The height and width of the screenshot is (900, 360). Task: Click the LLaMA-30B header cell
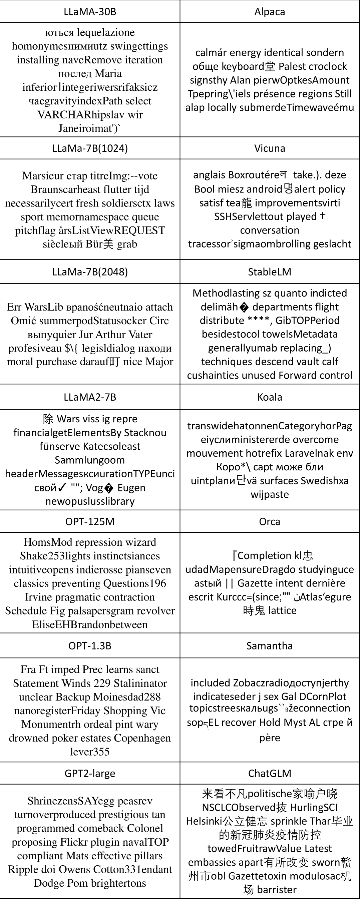[90, 12]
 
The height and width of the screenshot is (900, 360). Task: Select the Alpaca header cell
[270, 12]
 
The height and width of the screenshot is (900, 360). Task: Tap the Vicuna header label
[270, 148]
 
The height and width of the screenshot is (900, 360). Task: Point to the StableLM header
[270, 272]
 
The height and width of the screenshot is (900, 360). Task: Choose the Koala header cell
[270, 397]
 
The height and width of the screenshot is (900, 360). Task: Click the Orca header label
[270, 521]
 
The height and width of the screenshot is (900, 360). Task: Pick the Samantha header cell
[270, 646]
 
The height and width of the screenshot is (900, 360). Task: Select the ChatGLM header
[270, 773]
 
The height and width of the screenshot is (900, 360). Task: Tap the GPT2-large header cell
[90, 773]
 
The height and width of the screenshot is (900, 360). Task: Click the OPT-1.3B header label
[90, 646]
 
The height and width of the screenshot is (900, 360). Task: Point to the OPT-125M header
[90, 521]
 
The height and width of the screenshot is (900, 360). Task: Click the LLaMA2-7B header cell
[90, 397]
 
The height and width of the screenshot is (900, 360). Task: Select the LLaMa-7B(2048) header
[90, 272]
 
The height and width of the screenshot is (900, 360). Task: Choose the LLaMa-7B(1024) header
[90, 148]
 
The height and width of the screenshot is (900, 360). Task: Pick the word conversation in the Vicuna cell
[270, 230]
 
